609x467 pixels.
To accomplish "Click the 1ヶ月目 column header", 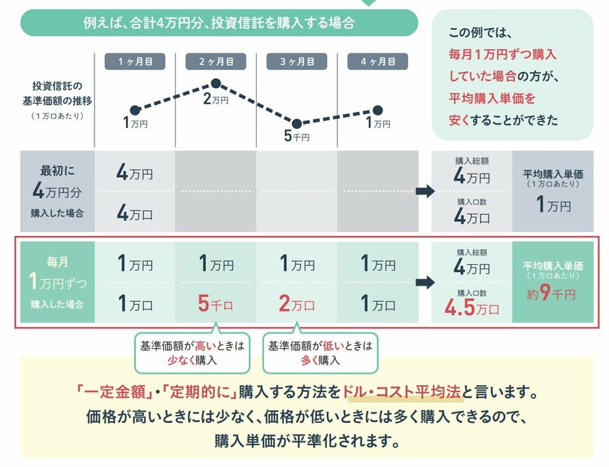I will [x=134, y=62].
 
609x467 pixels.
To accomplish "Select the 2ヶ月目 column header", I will [x=216, y=62].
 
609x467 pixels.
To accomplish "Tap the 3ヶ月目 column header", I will [x=297, y=62].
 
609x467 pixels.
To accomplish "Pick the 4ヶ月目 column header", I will [x=377, y=62].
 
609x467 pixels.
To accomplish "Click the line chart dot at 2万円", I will [x=216, y=84].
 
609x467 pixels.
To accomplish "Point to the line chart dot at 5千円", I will [x=297, y=123].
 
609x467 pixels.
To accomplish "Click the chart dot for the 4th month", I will [x=378, y=110].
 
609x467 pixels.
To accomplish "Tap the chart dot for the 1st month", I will [x=135, y=110].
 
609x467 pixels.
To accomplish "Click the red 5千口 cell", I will [x=216, y=305].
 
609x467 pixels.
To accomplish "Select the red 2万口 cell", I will [x=297, y=305].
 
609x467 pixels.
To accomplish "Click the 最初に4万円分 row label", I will [x=57, y=191].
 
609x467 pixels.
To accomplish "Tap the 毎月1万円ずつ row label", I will [x=57, y=283].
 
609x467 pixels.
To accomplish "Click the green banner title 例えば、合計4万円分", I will [x=218, y=22].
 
